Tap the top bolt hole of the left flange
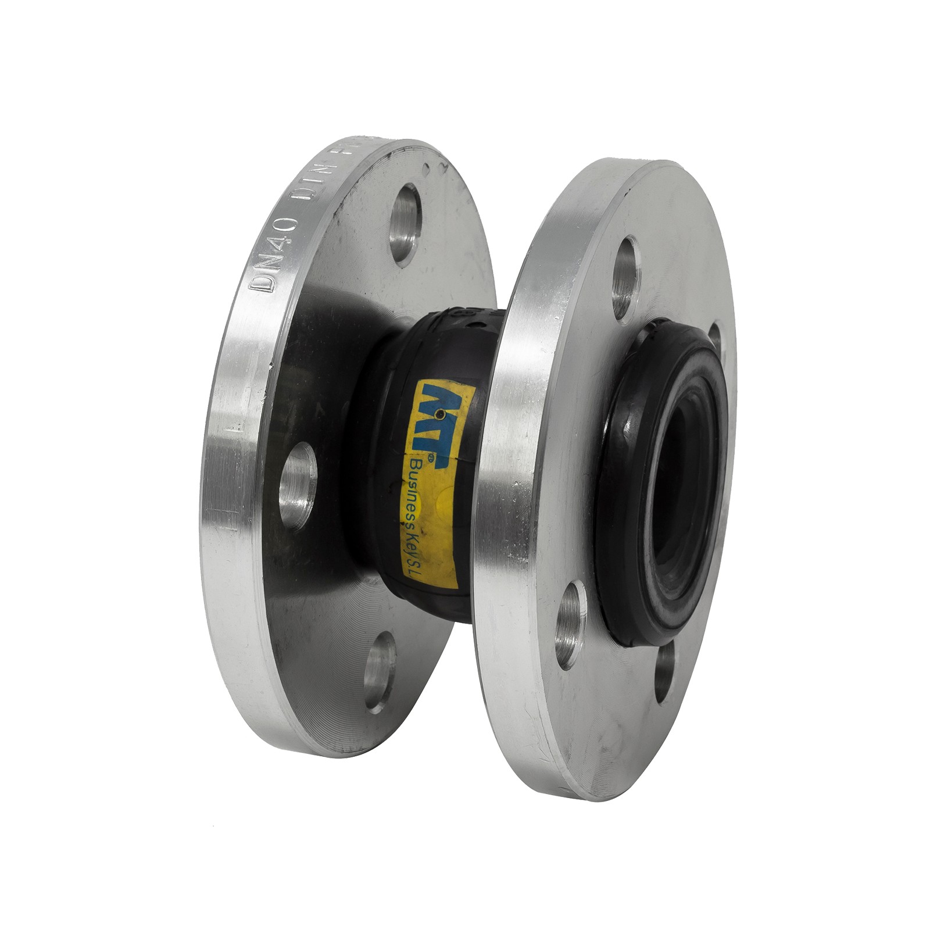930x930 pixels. point(406,224)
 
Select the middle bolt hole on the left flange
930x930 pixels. point(299,485)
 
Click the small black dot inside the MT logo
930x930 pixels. point(441,414)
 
